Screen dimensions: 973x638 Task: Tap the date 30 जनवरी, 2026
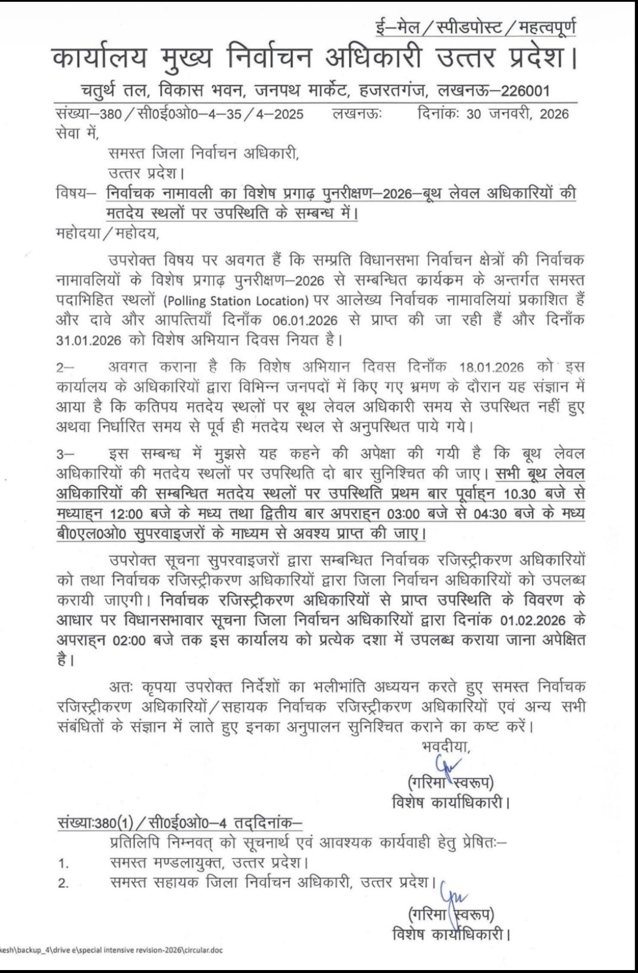[x=517, y=114]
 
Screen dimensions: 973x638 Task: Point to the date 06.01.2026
[x=305, y=321]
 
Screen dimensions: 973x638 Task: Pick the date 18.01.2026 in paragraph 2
[x=492, y=367]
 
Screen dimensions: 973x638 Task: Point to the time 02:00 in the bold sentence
[x=126, y=640]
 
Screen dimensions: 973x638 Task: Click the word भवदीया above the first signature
[x=446, y=747]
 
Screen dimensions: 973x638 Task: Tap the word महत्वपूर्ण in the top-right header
[x=547, y=27]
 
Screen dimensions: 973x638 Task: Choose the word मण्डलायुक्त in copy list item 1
[x=187, y=862]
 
